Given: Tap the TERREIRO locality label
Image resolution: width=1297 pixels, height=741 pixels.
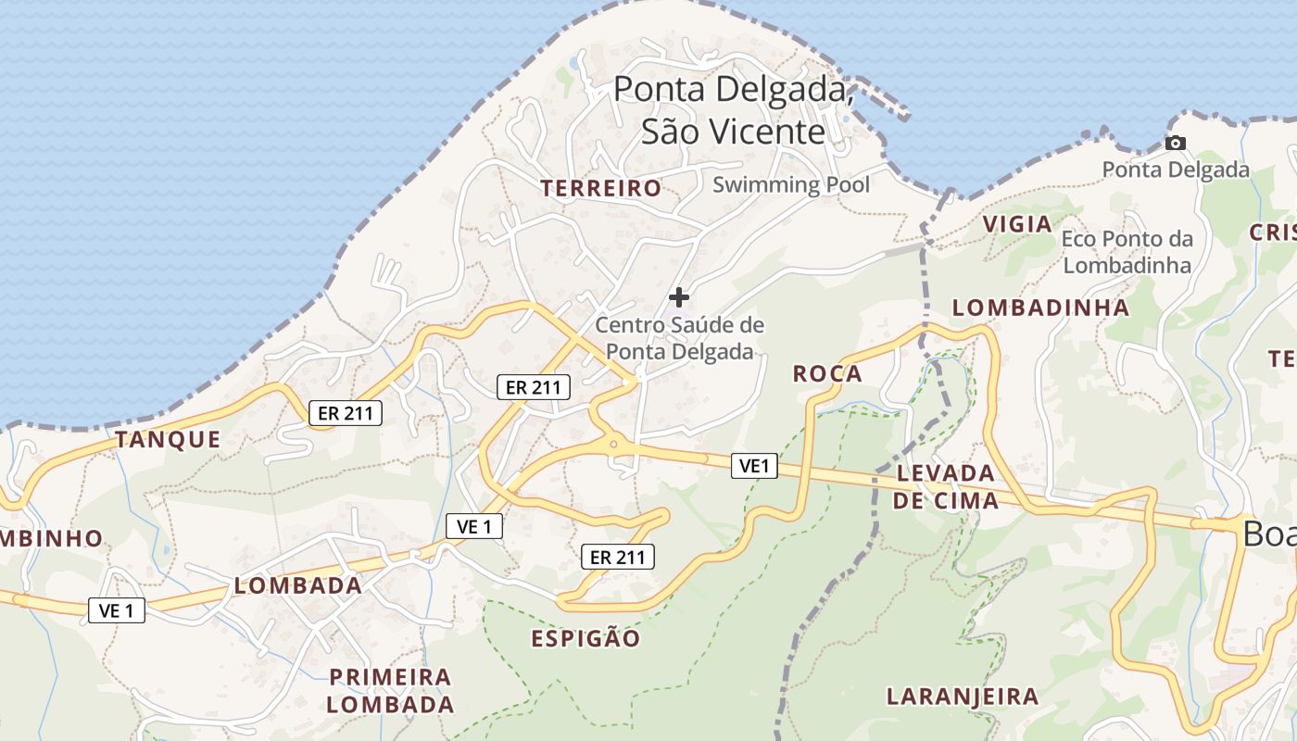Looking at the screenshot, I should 601,189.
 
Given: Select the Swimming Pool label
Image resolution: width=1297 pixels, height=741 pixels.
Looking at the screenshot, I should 791,184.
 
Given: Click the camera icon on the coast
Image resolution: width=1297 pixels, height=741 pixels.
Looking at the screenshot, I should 1175,143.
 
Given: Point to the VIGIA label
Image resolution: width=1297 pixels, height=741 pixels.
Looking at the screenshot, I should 1017,224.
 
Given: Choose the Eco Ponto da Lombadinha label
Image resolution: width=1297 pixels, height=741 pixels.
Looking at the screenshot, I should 1127,252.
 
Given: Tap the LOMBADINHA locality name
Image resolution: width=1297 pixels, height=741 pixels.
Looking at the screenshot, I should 1040,308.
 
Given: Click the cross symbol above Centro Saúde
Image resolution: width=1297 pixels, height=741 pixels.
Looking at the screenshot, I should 679,297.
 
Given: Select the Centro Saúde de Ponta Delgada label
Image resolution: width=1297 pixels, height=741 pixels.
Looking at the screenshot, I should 680,338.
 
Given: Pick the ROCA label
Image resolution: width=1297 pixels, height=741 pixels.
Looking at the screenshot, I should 827,374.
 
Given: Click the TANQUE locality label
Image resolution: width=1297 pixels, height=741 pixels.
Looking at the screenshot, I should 168,440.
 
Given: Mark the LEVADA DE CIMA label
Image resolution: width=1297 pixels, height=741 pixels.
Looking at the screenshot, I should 945,487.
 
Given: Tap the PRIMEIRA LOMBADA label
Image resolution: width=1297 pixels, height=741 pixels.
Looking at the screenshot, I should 390,690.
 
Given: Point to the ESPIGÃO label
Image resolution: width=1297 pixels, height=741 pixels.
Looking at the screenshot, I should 586,638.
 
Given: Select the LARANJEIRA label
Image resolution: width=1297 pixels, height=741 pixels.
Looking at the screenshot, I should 962,697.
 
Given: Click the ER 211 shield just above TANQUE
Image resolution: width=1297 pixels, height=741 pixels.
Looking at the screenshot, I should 345,413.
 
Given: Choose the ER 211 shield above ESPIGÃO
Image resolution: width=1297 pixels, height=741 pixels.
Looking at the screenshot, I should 617,557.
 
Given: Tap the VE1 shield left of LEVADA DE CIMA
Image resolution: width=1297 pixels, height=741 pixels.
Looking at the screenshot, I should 755,466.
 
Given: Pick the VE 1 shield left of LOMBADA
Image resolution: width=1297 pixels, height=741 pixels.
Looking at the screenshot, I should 117,610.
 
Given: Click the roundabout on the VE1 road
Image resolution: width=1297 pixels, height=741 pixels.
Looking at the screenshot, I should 613,446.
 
